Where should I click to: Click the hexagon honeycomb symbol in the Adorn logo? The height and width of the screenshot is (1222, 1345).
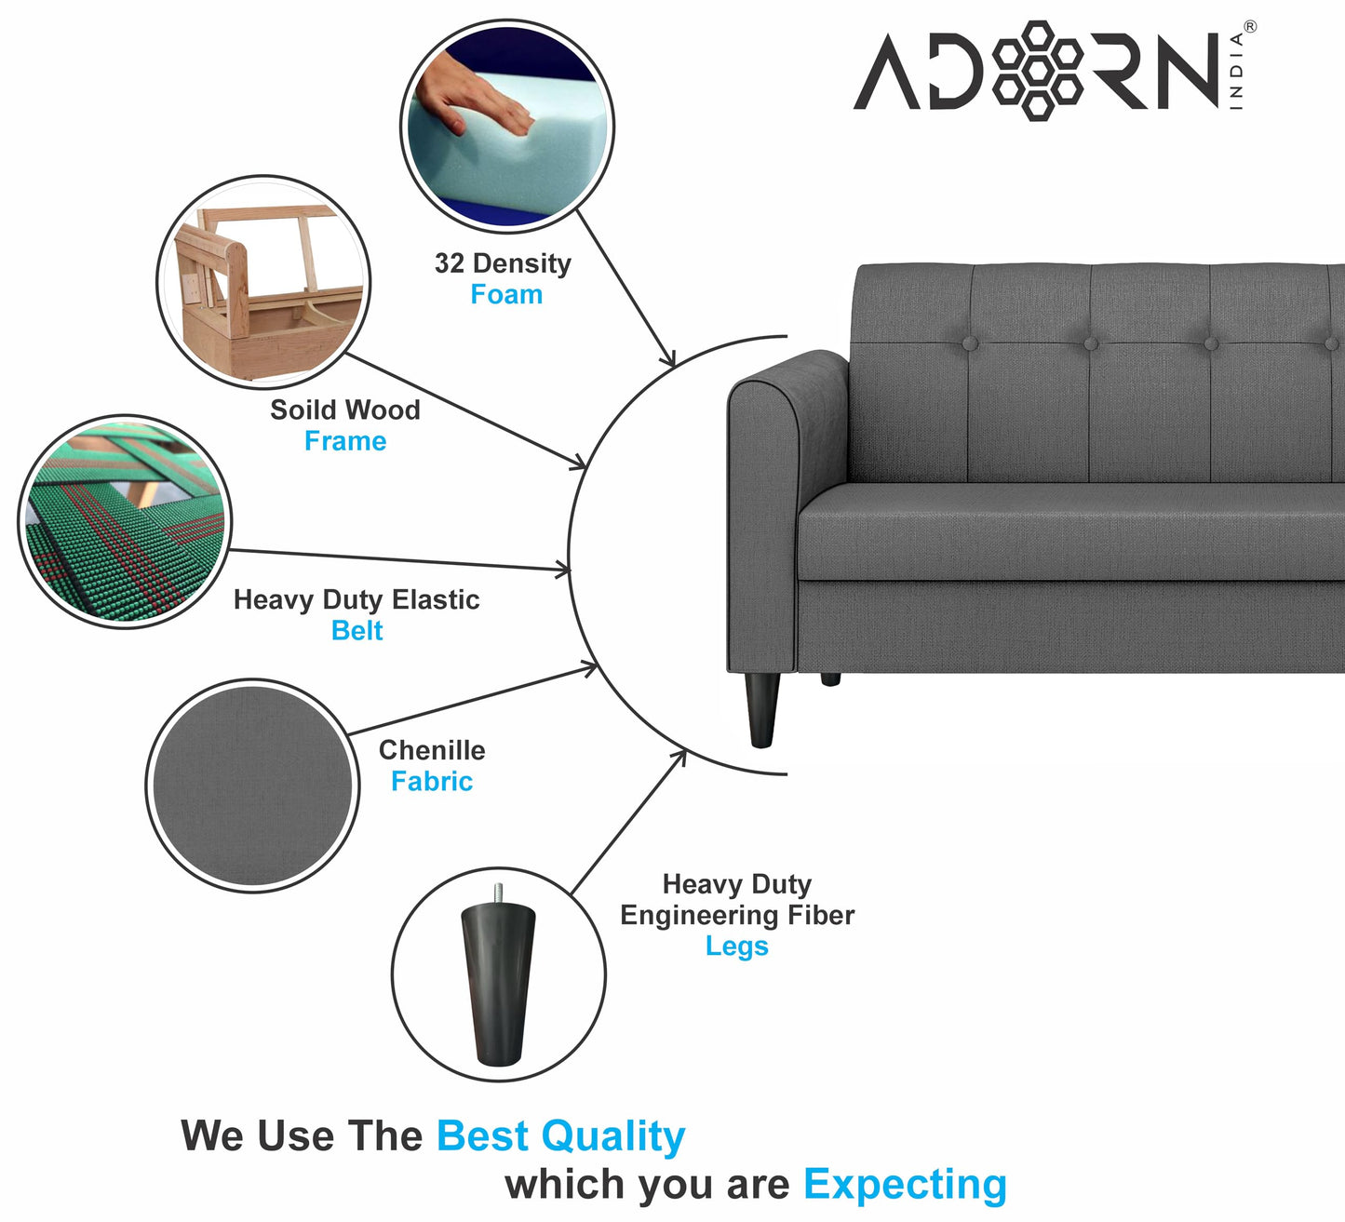pyautogui.click(x=1038, y=71)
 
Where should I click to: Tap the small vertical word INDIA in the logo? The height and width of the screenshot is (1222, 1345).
pyautogui.click(x=1236, y=72)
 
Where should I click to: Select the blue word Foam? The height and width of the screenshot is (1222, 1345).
pyautogui.click(x=506, y=295)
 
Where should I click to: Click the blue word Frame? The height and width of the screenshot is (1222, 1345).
pyautogui.click(x=345, y=441)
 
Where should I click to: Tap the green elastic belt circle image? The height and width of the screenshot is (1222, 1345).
pyautogui.click(x=125, y=521)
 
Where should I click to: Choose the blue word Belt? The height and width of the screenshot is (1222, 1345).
pyautogui.click(x=356, y=631)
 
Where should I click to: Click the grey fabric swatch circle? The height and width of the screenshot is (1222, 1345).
pyautogui.click(x=252, y=786)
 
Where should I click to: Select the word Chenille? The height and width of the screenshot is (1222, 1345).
pyautogui.click(x=432, y=750)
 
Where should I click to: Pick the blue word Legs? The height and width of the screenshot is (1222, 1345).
pyautogui.click(x=736, y=947)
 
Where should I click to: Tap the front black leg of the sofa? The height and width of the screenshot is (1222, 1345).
pyautogui.click(x=762, y=709)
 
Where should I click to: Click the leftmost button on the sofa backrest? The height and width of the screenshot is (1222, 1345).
pyautogui.click(x=970, y=343)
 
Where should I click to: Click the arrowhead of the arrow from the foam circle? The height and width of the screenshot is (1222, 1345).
pyautogui.click(x=669, y=360)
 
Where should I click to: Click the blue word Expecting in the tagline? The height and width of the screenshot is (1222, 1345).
pyautogui.click(x=905, y=1185)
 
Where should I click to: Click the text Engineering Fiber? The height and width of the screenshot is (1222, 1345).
pyautogui.click(x=737, y=915)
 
